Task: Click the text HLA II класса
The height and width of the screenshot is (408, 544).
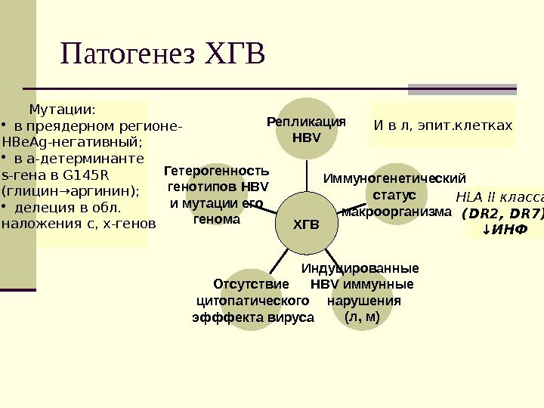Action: pyautogui.click(x=499, y=198)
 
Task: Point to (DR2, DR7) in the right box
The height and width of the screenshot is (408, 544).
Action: pyautogui.click(x=502, y=213)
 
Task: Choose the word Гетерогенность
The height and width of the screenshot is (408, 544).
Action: pyautogui.click(x=216, y=172)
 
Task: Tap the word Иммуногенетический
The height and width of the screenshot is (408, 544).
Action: pyautogui.click(x=394, y=179)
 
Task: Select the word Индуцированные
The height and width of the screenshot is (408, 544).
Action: pyautogui.click(x=360, y=268)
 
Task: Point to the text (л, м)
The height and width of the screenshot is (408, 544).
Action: pyautogui.click(x=362, y=317)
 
